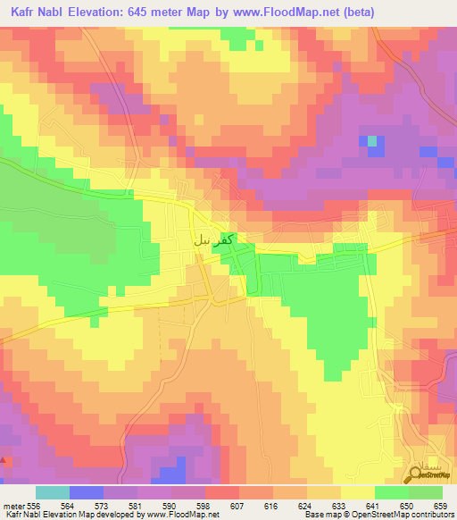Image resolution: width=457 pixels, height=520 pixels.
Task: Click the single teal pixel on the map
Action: pyautogui.click(x=372, y=140)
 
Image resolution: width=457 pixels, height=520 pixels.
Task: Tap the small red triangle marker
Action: pyautogui.click(x=6, y=461)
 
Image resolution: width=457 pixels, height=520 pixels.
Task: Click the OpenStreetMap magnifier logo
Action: pyautogui.click(x=418, y=474)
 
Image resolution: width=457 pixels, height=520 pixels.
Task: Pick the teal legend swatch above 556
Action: pyautogui.click(x=52, y=492)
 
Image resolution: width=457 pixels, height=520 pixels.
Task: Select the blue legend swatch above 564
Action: pyautogui.click(x=87, y=492)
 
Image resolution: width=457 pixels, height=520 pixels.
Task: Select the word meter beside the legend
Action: pyautogui.click(x=14, y=506)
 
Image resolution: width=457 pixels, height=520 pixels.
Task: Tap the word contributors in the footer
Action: pyautogui.click(x=432, y=516)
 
